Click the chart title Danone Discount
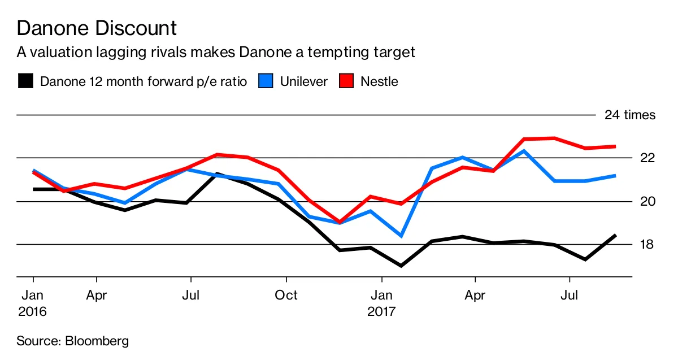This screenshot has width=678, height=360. pyautogui.click(x=97, y=28)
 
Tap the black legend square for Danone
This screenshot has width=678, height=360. pyautogui.click(x=25, y=81)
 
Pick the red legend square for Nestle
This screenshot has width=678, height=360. pyautogui.click(x=346, y=81)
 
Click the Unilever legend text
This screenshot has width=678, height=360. pyautogui.click(x=303, y=81)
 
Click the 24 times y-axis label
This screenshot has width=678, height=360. pyautogui.click(x=629, y=115)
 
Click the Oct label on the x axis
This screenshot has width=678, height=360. pyautogui.click(x=286, y=295)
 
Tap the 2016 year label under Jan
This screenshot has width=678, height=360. pyautogui.click(x=33, y=311)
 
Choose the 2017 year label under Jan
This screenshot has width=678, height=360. pyautogui.click(x=382, y=311)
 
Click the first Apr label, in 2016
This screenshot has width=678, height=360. pyautogui.click(x=97, y=295)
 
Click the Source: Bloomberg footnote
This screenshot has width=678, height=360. pyautogui.click(x=73, y=341)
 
